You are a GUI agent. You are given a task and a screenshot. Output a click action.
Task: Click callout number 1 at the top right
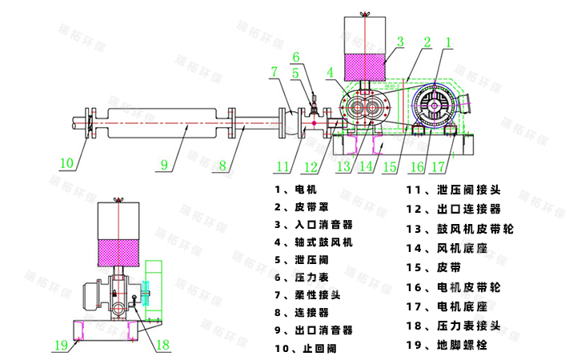(449, 40)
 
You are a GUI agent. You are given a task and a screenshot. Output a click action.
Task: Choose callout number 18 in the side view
(163, 345)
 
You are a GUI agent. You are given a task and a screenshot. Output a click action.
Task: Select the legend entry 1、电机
(295, 190)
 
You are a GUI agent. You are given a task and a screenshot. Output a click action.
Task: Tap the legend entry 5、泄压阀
(301, 259)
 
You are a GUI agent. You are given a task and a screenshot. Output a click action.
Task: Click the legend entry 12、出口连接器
(453, 210)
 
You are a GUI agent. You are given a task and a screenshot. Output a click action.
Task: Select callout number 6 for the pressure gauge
(295, 58)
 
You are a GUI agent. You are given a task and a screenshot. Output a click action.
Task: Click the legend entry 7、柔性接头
(307, 294)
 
